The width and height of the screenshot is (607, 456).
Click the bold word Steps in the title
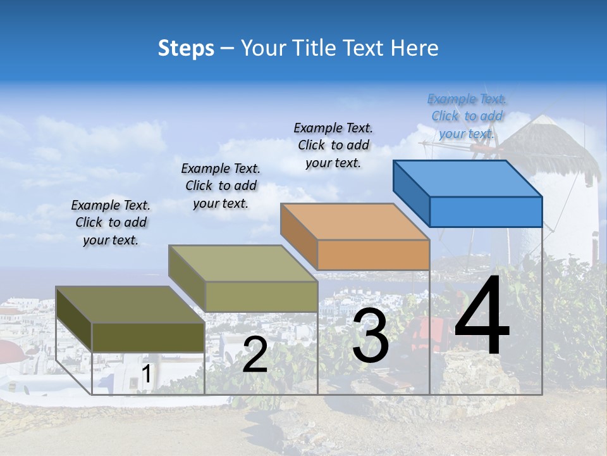tap(186, 48)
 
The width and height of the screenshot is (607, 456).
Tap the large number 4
tap(482, 317)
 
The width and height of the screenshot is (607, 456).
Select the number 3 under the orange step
tap(371, 336)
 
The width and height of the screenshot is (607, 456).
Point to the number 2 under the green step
tap(255, 355)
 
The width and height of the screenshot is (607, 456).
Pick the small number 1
tap(147, 374)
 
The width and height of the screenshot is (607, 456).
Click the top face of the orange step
tap(355, 222)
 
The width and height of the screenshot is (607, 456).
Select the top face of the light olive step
tap(242, 263)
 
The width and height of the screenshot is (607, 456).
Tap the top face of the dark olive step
tap(130, 305)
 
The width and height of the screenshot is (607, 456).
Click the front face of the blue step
tap(486, 212)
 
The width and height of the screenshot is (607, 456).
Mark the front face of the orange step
tap(373, 255)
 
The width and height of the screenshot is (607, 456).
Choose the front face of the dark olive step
tap(148, 338)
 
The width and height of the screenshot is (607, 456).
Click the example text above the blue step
tap(467, 116)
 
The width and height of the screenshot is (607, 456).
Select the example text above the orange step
tap(333, 145)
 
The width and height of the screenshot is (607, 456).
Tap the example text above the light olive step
tap(221, 186)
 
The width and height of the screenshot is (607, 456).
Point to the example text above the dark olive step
tap(111, 222)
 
